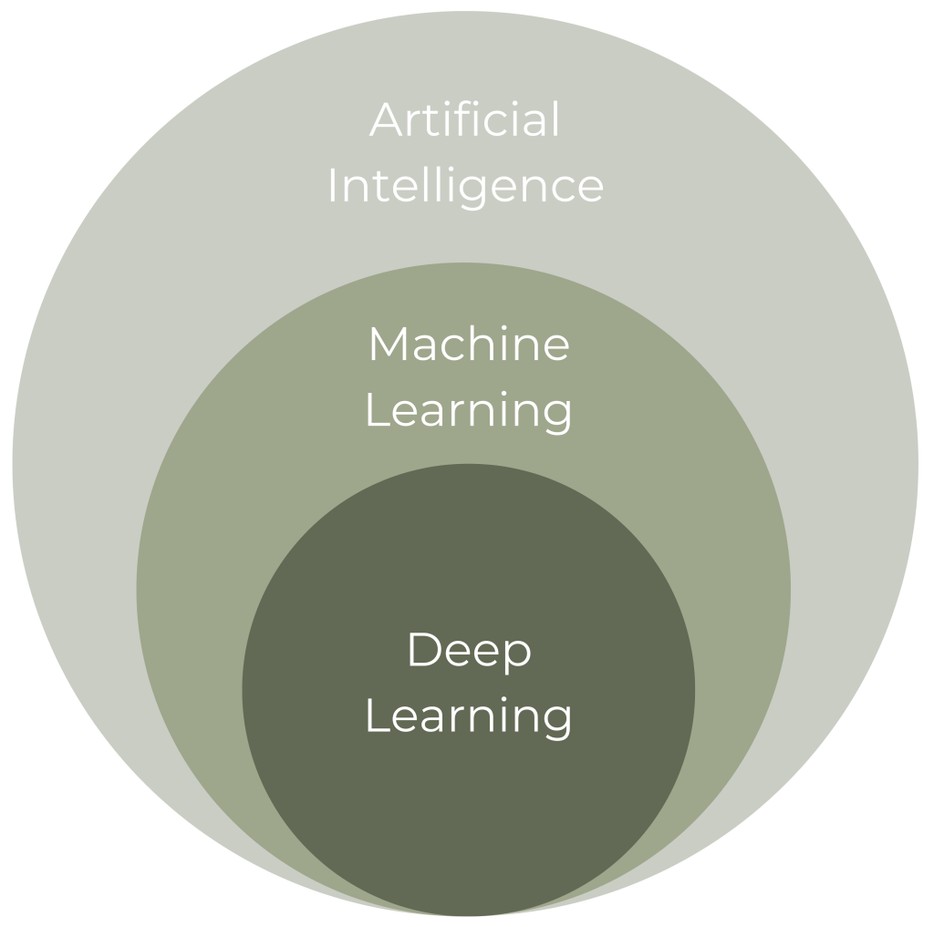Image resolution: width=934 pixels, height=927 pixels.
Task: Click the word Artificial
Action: [465, 119]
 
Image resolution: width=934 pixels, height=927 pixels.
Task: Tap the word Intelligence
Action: [465, 185]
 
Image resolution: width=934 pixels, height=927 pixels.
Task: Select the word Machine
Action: [469, 344]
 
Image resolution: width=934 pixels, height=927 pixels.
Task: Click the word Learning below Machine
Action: [469, 409]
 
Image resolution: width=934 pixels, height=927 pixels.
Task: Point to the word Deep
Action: [469, 651]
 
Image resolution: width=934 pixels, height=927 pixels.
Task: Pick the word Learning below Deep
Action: [469, 716]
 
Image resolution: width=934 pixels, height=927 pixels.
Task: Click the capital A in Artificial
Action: [386, 120]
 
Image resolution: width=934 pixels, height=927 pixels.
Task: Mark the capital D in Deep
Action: [423, 650]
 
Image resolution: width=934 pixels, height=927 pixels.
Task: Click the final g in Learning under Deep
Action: [557, 721]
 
